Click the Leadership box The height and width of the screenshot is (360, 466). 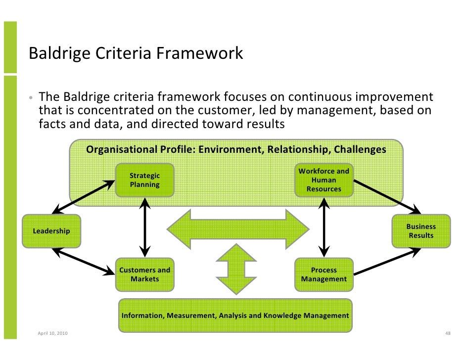(x=51, y=231)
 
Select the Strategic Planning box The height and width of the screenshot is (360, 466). (x=144, y=180)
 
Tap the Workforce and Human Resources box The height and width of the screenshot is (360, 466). (x=324, y=180)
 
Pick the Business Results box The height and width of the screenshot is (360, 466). (x=421, y=231)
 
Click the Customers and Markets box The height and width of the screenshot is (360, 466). (x=144, y=274)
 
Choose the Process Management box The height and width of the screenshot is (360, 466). (x=324, y=274)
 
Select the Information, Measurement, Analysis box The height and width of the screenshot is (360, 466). (x=235, y=315)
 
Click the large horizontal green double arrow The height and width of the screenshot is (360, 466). (x=238, y=229)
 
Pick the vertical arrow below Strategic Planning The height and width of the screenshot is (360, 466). (x=144, y=226)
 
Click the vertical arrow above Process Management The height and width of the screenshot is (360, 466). (x=324, y=226)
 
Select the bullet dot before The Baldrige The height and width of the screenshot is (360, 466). (x=31, y=97)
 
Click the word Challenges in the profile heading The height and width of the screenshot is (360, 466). (x=360, y=149)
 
